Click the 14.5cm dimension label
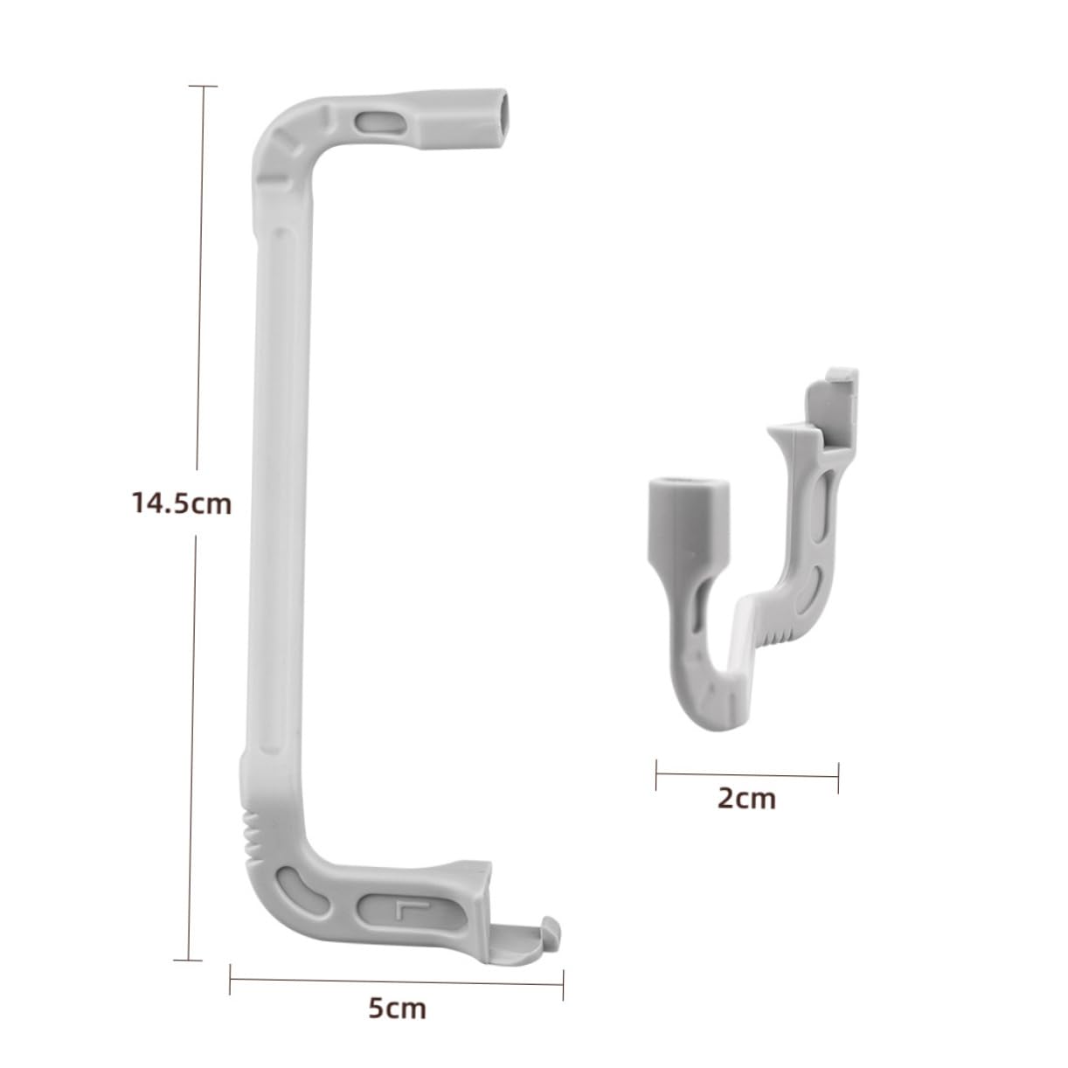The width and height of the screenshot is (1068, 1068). [182, 504]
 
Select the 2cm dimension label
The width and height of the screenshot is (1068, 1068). [746, 798]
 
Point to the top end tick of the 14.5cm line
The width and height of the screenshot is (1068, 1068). [203, 87]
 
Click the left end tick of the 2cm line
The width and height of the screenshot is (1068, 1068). [656, 774]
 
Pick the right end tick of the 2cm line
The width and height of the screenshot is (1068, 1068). [838, 777]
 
